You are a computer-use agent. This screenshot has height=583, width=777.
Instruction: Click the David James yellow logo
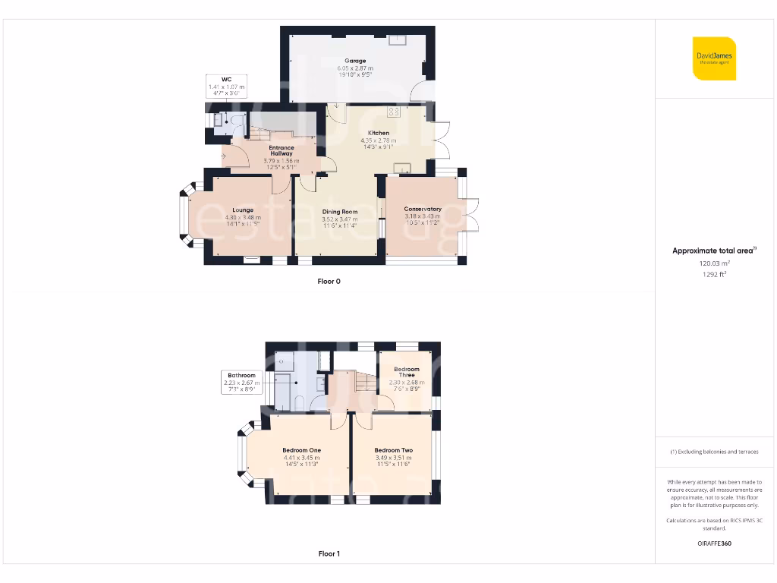714,58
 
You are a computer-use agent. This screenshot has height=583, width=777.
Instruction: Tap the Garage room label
355,61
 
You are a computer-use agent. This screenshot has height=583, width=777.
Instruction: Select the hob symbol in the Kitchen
394,112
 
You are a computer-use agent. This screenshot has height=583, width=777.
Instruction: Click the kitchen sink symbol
401,168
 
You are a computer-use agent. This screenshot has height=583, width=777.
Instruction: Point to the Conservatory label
423,209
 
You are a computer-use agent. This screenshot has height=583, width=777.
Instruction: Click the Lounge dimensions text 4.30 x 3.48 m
243,217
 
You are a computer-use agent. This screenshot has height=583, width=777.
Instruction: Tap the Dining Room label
339,212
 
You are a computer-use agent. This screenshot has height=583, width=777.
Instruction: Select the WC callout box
226,85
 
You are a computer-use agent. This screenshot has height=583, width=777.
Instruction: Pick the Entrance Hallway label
282,150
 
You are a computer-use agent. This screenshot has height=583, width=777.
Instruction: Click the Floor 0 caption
329,282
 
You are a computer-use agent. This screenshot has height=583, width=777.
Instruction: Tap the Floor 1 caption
329,554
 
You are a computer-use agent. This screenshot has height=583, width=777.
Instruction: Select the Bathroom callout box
241,381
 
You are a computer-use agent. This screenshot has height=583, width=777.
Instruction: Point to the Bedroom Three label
407,372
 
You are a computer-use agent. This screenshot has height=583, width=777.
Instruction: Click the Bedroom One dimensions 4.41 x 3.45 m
301,458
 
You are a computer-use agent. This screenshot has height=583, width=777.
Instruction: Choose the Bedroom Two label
393,450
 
